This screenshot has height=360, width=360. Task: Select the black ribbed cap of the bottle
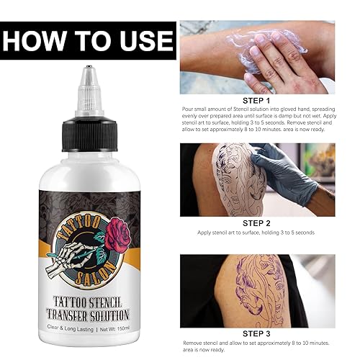pos(90,122)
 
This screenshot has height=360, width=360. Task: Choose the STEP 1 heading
pos(258,102)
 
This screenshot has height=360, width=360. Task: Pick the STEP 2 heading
pos(258,223)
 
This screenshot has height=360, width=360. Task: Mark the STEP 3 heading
pos(258,333)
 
